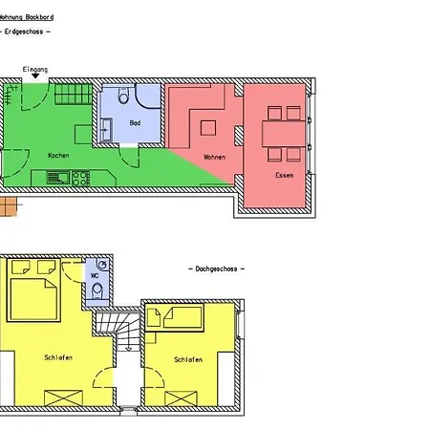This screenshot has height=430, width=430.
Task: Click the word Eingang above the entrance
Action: pos(34,69)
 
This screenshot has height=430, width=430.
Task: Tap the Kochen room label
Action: pos(58,155)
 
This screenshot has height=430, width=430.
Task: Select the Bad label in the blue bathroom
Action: pos(135,123)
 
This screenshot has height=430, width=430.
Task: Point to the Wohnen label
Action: pos(214,156)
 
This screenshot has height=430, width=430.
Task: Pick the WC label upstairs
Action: pos(95,276)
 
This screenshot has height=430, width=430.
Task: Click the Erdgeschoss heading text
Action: pos(28,32)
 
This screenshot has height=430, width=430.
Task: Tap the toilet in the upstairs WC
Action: pos(97,291)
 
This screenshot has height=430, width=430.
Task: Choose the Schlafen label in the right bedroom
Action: pos(187,359)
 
